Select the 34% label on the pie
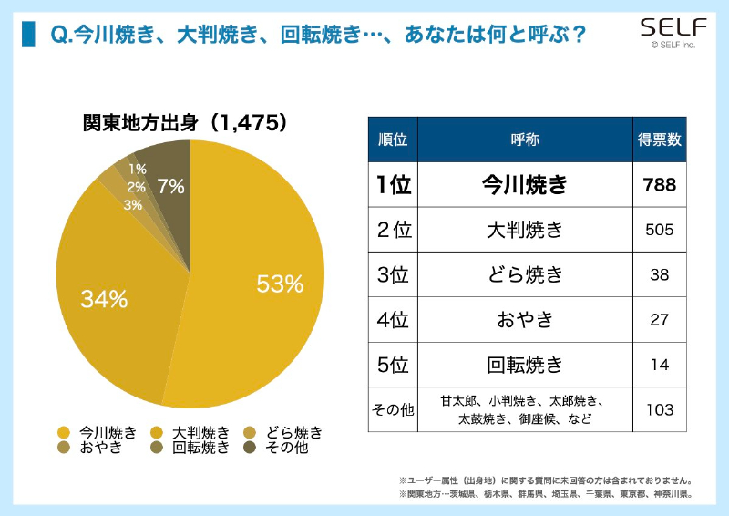104,298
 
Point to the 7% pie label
170,186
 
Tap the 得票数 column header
661,139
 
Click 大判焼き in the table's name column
524,230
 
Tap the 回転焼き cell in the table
524,365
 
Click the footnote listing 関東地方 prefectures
545,494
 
